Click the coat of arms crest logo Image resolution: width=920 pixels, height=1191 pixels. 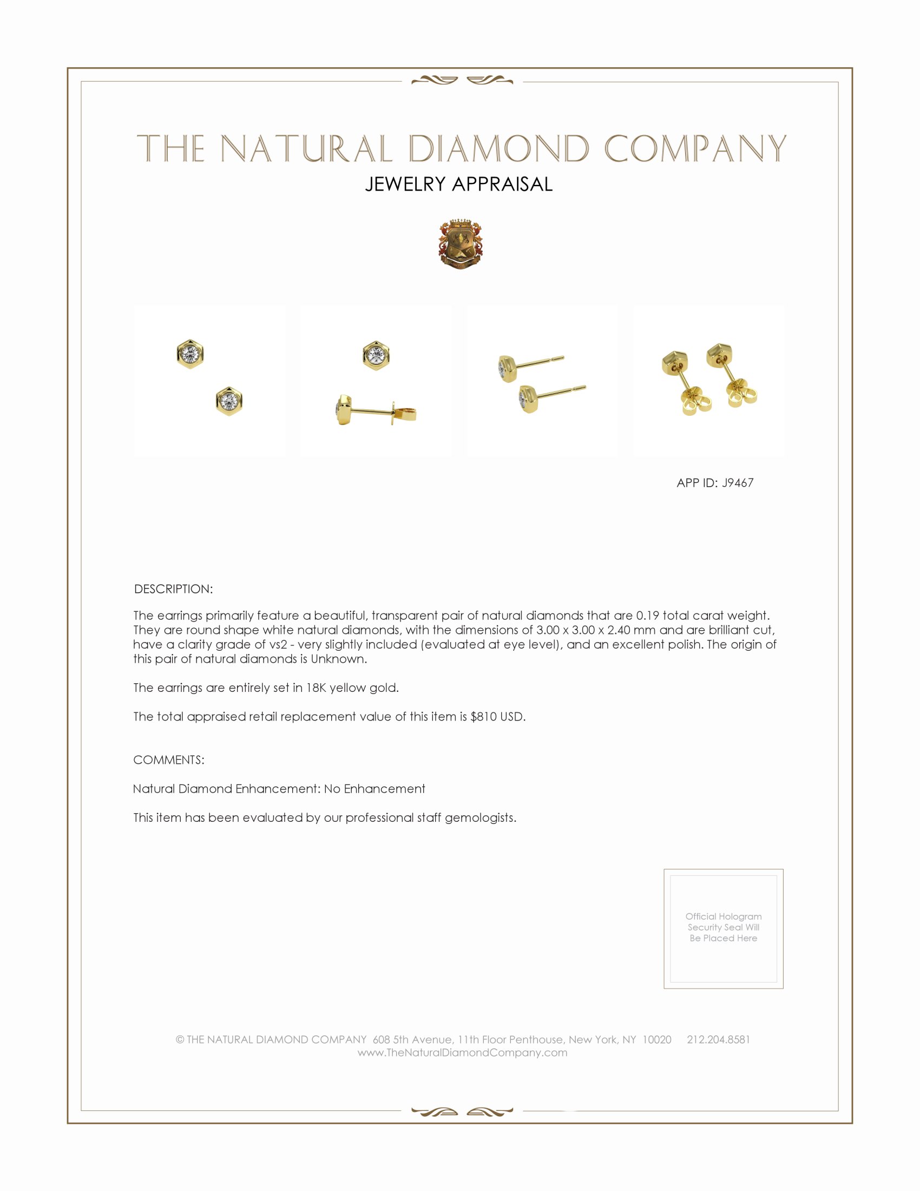click(461, 245)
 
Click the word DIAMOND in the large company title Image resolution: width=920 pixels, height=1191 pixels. click(499, 149)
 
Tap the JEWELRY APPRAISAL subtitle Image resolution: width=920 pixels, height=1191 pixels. click(459, 184)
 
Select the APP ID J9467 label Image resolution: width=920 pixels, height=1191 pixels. click(714, 482)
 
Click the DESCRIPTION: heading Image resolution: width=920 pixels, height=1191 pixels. click(173, 589)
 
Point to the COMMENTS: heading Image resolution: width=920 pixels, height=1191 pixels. click(169, 760)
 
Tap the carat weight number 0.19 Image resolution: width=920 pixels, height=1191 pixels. click(647, 616)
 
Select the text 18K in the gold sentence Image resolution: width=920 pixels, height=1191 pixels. click(316, 688)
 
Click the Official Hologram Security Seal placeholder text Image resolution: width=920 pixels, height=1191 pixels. click(723, 927)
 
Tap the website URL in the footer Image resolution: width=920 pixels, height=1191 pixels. click(462, 1052)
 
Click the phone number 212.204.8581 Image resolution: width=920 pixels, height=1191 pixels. click(718, 1039)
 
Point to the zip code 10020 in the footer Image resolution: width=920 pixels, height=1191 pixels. click(657, 1039)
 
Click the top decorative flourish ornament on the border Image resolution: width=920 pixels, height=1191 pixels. click(462, 81)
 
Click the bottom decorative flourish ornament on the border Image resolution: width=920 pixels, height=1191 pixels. click(462, 1111)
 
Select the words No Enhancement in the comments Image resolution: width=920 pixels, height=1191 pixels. click(374, 789)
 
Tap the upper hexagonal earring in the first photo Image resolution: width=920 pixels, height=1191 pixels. click(190, 354)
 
